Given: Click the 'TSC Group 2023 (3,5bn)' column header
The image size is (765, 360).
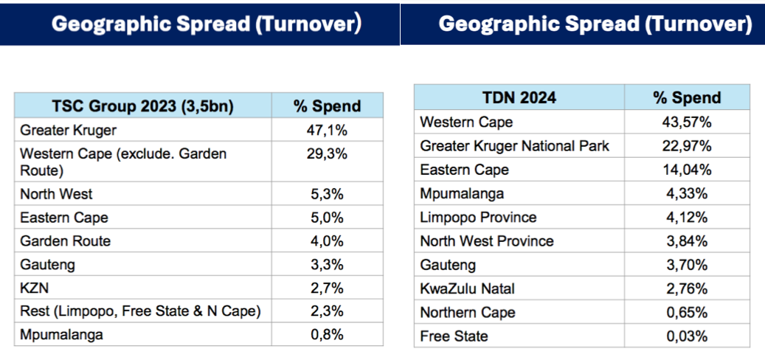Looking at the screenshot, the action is [x=142, y=105].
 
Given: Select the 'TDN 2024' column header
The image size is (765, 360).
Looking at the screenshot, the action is [x=519, y=97].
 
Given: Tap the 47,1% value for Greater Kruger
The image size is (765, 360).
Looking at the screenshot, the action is [x=327, y=131].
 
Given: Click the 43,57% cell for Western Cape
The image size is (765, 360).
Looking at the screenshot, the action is [x=687, y=122].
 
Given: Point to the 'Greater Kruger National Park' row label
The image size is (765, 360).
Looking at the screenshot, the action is [x=515, y=146].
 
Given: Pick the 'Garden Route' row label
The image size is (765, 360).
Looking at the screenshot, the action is [x=66, y=241].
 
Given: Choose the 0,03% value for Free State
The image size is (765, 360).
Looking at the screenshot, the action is [x=687, y=336].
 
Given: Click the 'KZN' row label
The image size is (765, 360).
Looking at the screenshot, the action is [x=34, y=288].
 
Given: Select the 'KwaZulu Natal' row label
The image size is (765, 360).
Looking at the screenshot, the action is [x=468, y=288].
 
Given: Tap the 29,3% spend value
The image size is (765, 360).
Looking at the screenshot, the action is [x=327, y=154].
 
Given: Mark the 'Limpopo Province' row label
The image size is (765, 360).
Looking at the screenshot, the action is [x=478, y=217].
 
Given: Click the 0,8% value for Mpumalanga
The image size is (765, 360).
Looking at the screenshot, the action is [x=327, y=335].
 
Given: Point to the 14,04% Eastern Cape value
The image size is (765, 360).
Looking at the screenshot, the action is [x=687, y=170].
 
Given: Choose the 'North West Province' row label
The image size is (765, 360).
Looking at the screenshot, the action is [x=487, y=241].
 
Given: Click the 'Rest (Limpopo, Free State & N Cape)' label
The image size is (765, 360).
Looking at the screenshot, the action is [x=140, y=311].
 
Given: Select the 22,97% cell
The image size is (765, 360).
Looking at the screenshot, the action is [x=687, y=146].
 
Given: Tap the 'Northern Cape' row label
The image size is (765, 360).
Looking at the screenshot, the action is [x=468, y=312].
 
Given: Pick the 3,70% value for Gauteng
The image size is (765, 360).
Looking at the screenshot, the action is [x=687, y=265].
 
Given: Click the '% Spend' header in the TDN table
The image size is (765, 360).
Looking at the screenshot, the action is [x=687, y=97].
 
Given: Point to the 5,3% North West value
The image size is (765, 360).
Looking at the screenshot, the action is [x=327, y=194].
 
